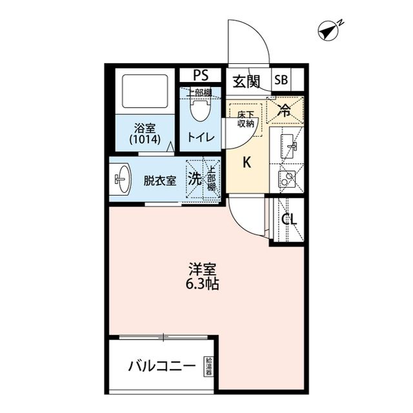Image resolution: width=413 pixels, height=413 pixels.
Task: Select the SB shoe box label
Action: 281,81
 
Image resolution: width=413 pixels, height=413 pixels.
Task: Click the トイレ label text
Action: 200,137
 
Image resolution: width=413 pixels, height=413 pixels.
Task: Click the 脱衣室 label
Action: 159,181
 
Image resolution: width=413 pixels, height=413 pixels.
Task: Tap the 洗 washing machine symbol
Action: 195,180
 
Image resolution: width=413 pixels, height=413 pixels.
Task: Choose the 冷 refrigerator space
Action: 284,110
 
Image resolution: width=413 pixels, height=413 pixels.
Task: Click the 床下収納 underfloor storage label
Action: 246,118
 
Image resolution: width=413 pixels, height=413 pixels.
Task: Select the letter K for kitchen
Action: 246,163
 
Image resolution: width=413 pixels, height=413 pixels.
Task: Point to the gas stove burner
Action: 287,177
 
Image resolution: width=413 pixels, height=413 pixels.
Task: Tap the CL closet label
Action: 290,219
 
